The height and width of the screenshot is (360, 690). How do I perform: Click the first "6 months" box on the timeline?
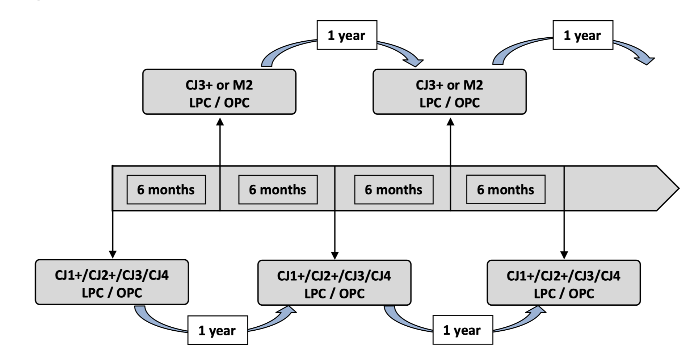[166, 189]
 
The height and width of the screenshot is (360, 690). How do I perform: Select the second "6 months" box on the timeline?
[278, 189]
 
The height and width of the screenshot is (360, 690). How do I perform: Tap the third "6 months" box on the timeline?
[394, 189]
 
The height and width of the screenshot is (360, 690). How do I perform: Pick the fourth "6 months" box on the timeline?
[506, 189]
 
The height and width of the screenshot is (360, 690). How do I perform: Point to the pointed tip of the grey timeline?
[679, 188]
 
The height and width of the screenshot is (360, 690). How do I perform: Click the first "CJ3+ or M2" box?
[219, 92]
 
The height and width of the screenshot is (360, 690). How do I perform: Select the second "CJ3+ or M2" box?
[450, 92]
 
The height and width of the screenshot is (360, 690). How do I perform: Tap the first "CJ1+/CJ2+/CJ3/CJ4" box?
[112, 282]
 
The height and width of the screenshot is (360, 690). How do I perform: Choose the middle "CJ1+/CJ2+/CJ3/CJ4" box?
[335, 283]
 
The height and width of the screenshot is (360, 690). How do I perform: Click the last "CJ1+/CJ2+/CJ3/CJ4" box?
[564, 283]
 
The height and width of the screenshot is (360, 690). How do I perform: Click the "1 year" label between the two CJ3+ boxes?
[347, 35]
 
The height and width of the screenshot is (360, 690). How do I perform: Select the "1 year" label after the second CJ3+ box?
[583, 35]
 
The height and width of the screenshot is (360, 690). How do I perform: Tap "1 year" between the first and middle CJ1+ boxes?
[218, 330]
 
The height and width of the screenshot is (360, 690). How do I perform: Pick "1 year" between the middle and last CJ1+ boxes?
[463, 330]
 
